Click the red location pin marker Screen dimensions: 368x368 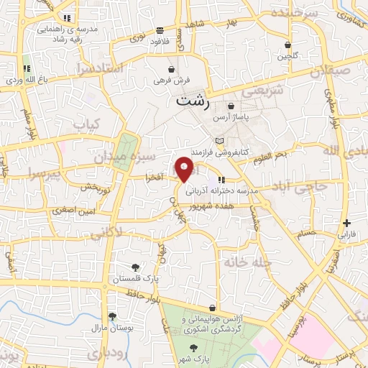coord(185,171)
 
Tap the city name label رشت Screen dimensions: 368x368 coord(193,101)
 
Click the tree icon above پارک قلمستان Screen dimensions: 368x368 coord(136,267)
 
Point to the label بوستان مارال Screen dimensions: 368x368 coord(109,327)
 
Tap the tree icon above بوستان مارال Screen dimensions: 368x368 coord(112,316)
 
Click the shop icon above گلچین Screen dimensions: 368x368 coord(288,45)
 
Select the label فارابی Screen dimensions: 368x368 coord(348,234)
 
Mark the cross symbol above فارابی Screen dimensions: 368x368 coord(347,224)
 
